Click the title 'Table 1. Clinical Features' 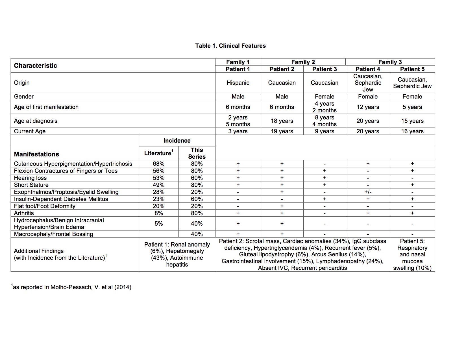coord(230,46)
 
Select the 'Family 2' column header coord(303,62)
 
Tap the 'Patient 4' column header coord(368,69)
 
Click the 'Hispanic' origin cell coord(238,83)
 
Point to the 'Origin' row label coord(22,83)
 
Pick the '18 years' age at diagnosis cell coord(282,121)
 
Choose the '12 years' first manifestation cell coord(368,107)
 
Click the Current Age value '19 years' coord(282,131)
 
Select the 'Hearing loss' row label coord(30,178)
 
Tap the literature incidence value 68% coord(158,164)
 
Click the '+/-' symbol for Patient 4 coord(368,192)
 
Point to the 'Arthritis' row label coord(24,213)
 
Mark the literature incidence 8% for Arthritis coord(158,213)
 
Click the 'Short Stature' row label coord(31,185)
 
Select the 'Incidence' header coord(177,141)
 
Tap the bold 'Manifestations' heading coord(36,154)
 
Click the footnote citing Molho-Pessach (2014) coord(71,287)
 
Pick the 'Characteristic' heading coord(36,66)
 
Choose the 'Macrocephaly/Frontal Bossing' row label coord(53,234)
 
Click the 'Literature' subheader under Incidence coord(158,153)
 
